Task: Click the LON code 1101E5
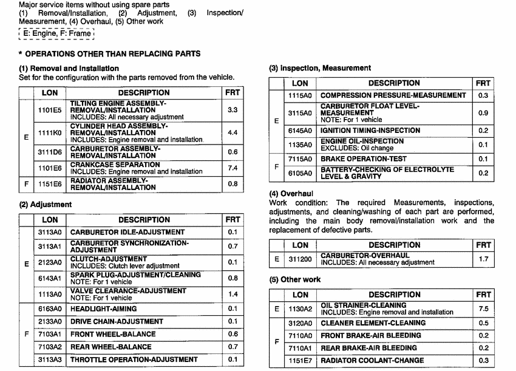coord(50,111)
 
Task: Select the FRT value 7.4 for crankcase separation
coord(233,168)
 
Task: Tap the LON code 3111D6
coord(50,152)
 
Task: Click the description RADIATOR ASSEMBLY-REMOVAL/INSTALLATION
coord(114,184)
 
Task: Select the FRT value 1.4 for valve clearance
coord(233,294)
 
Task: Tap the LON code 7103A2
coord(50,347)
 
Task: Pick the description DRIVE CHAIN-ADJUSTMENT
coord(117,321)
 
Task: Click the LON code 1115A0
coord(300,95)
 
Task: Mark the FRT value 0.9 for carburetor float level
coord(483,113)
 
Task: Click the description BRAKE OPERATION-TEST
coord(362,159)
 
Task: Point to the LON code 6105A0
coord(300,173)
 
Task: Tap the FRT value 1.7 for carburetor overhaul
coord(483,259)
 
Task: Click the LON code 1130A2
coord(300,309)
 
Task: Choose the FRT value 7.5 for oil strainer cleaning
coord(483,309)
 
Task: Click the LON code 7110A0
coord(300,335)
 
